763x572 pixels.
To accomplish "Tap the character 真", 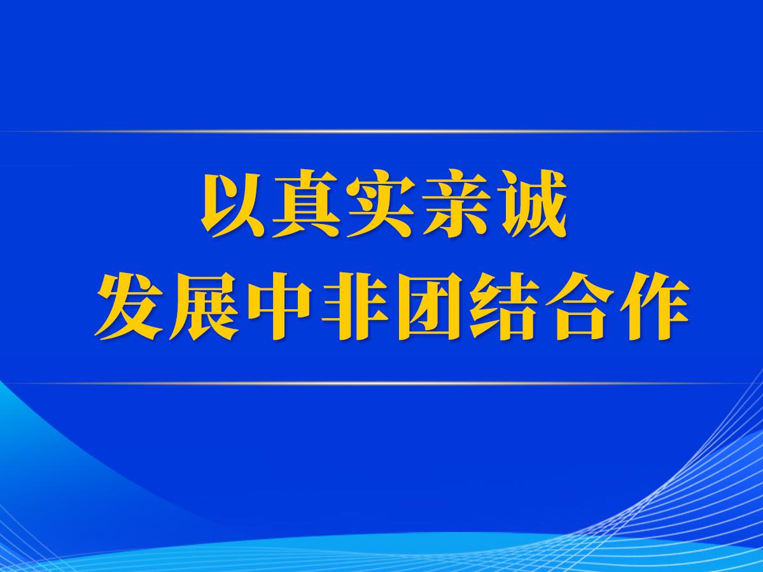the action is (307, 204).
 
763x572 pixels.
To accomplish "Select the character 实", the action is (381, 204).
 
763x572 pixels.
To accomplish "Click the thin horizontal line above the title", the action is (382, 131).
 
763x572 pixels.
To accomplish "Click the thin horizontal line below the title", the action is (382, 383).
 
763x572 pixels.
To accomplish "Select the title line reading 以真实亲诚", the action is (384, 204).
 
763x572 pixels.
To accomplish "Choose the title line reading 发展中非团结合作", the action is (392, 306).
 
